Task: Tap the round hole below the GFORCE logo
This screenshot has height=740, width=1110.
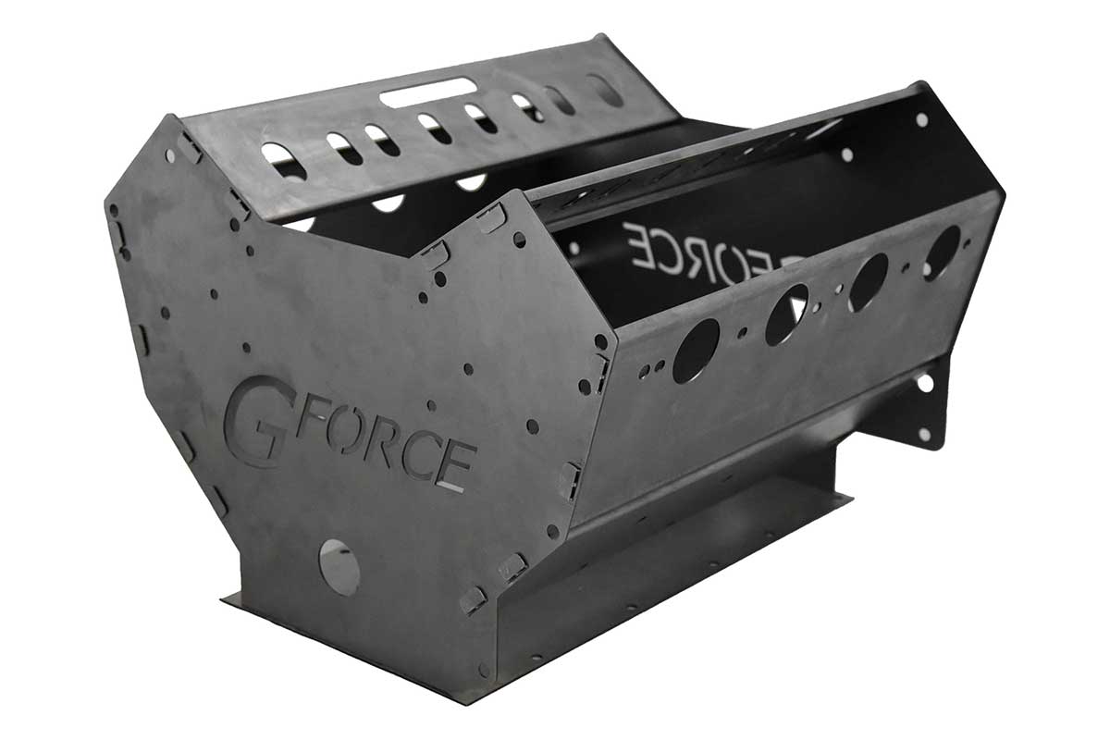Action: tap(339, 565)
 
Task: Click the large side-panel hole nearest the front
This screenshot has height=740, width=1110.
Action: tap(696, 351)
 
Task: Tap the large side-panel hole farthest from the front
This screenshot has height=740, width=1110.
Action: tap(941, 253)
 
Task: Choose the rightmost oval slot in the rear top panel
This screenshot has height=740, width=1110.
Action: tap(605, 90)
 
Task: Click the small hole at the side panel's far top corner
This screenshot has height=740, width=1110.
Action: tap(922, 119)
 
